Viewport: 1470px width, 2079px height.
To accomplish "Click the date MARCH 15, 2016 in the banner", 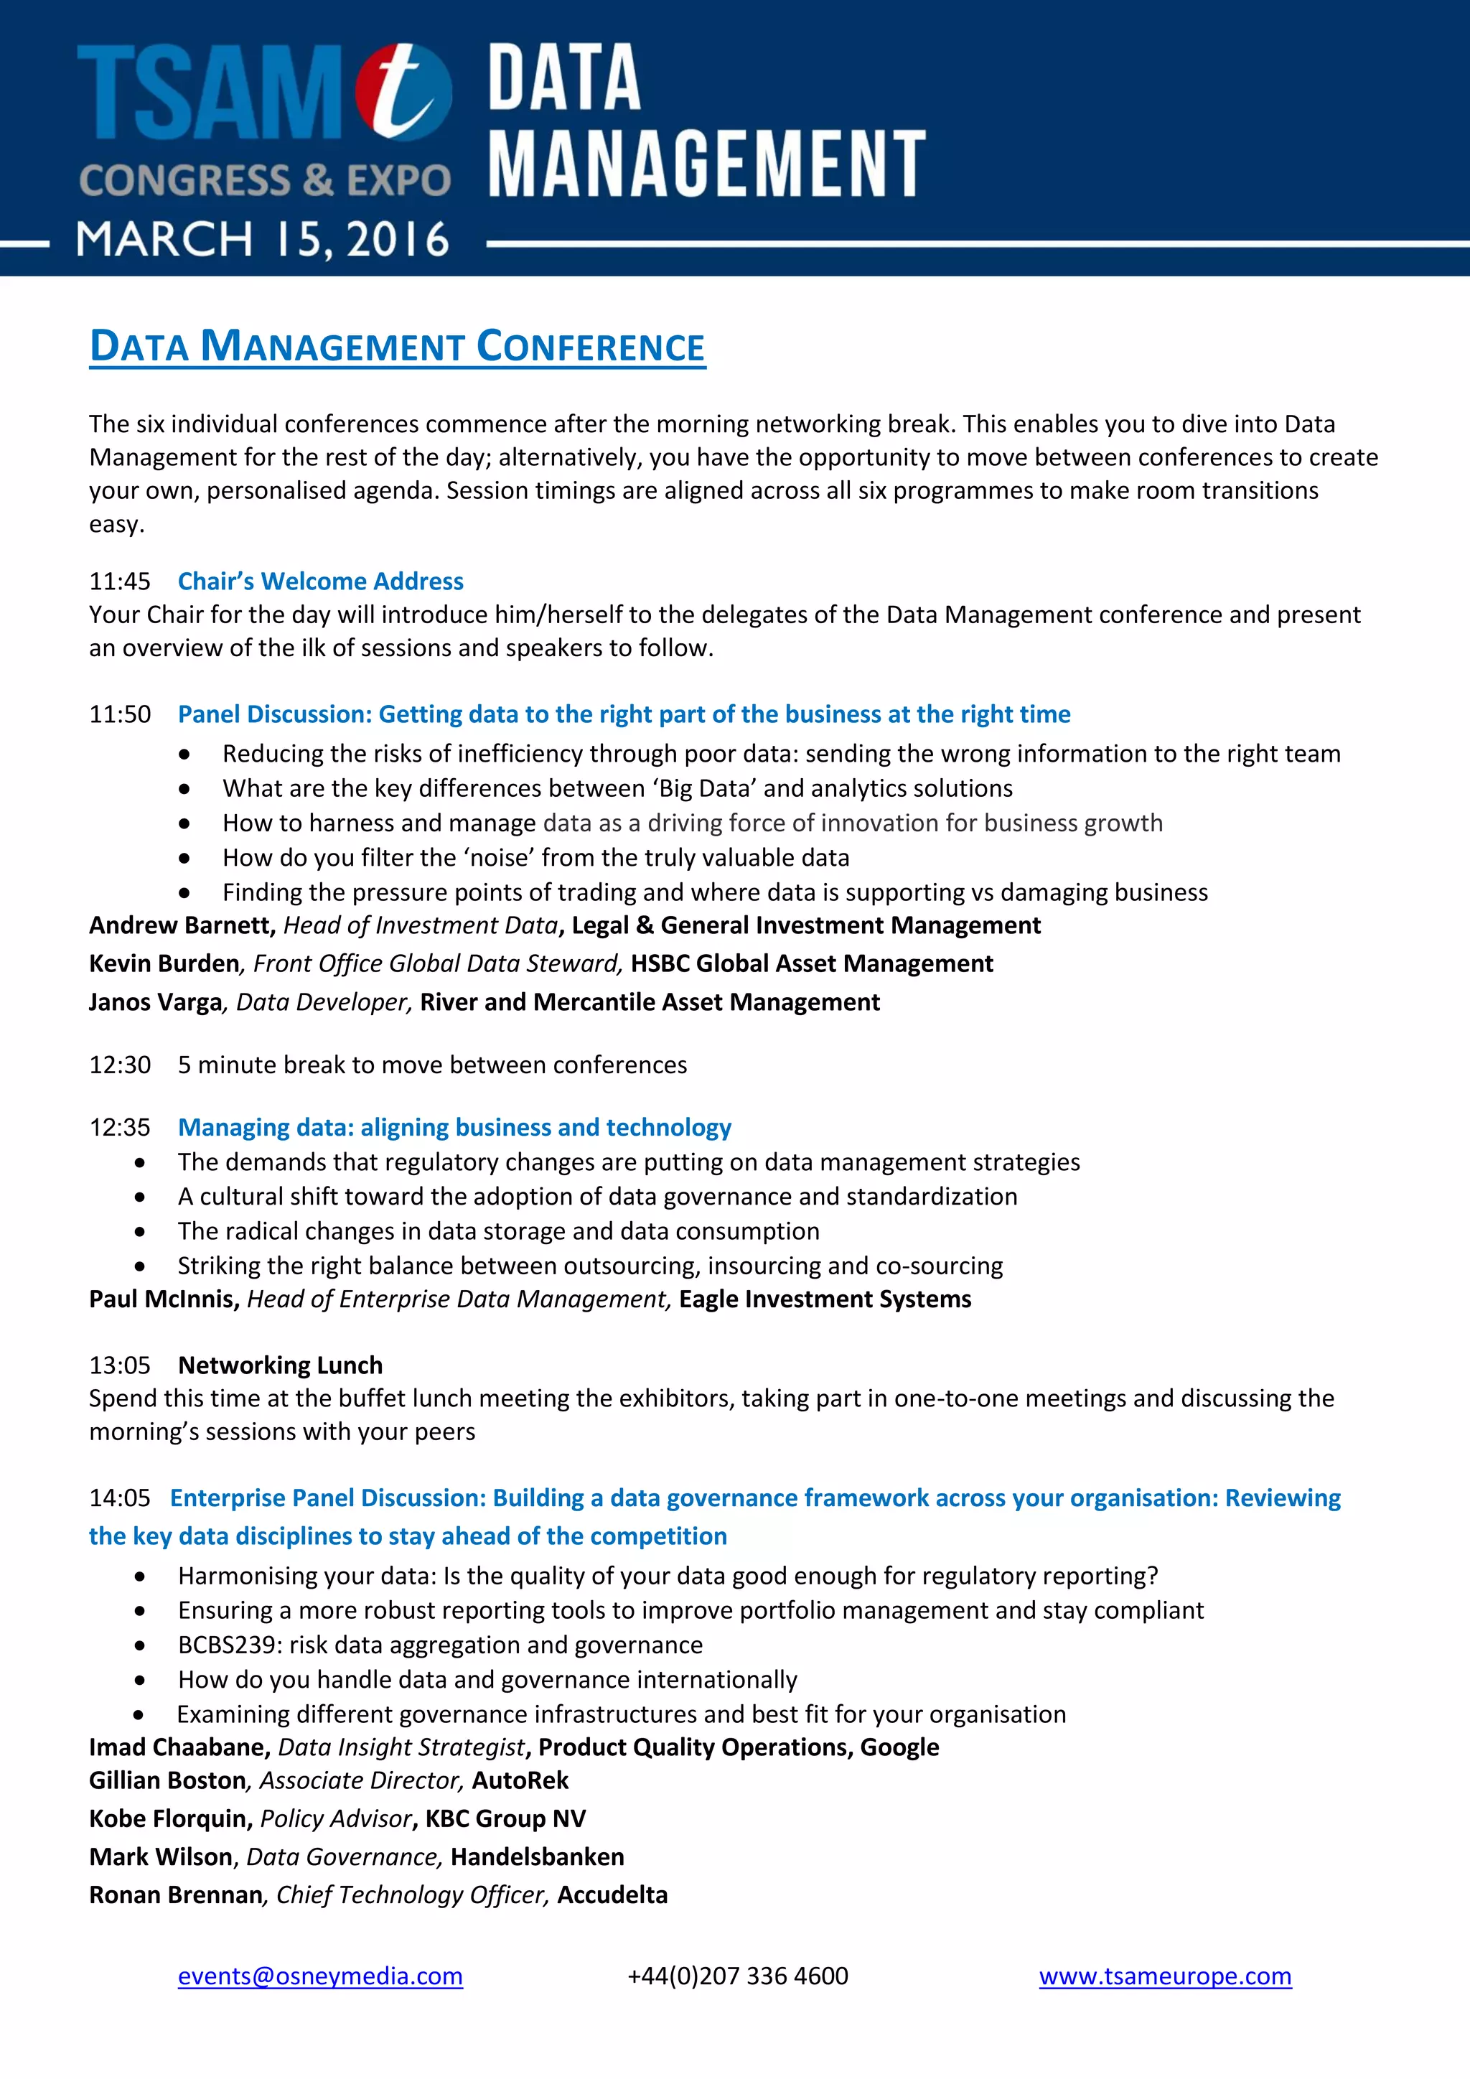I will tap(263, 240).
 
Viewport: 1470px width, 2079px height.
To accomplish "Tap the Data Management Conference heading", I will tap(398, 347).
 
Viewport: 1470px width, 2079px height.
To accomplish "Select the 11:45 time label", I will tap(119, 581).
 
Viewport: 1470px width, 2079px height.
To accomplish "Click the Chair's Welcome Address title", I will tap(320, 581).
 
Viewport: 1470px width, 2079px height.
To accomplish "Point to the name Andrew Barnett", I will tap(181, 925).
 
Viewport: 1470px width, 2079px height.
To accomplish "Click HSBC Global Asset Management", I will tap(811, 963).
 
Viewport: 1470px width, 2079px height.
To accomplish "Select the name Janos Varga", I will tap(155, 1002).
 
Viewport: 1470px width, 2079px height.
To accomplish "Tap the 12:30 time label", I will tap(119, 1065).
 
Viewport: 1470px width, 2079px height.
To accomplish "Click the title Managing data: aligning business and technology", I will tap(454, 1127).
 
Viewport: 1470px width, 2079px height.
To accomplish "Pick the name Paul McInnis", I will tap(163, 1299).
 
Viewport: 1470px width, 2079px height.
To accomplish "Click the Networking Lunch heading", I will tap(280, 1365).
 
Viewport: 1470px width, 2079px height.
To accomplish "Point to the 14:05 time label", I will tap(119, 1498).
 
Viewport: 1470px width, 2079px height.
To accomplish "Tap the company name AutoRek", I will tap(520, 1781).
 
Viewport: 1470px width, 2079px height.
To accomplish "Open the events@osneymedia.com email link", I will tap(319, 1976).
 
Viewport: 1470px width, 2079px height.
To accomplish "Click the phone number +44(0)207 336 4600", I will tap(738, 1976).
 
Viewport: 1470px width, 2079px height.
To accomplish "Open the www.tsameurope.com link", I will tap(1164, 1976).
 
